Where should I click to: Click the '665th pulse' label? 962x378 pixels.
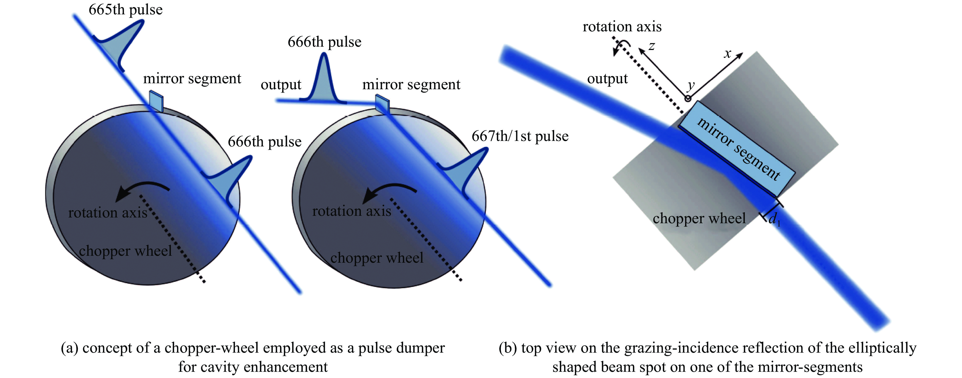pyautogui.click(x=126, y=10)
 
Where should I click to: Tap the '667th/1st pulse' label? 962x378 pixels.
pyautogui.click(x=520, y=136)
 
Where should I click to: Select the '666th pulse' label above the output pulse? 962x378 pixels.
pyautogui.click(x=324, y=42)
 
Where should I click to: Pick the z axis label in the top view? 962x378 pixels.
pyautogui.click(x=652, y=46)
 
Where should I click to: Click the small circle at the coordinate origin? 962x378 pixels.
pyautogui.click(x=687, y=99)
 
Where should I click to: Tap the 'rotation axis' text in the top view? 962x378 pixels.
pyautogui.click(x=622, y=27)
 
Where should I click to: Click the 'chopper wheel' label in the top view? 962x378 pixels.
pyautogui.click(x=699, y=218)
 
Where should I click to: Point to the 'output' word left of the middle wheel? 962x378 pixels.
pyautogui.click(x=281, y=85)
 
